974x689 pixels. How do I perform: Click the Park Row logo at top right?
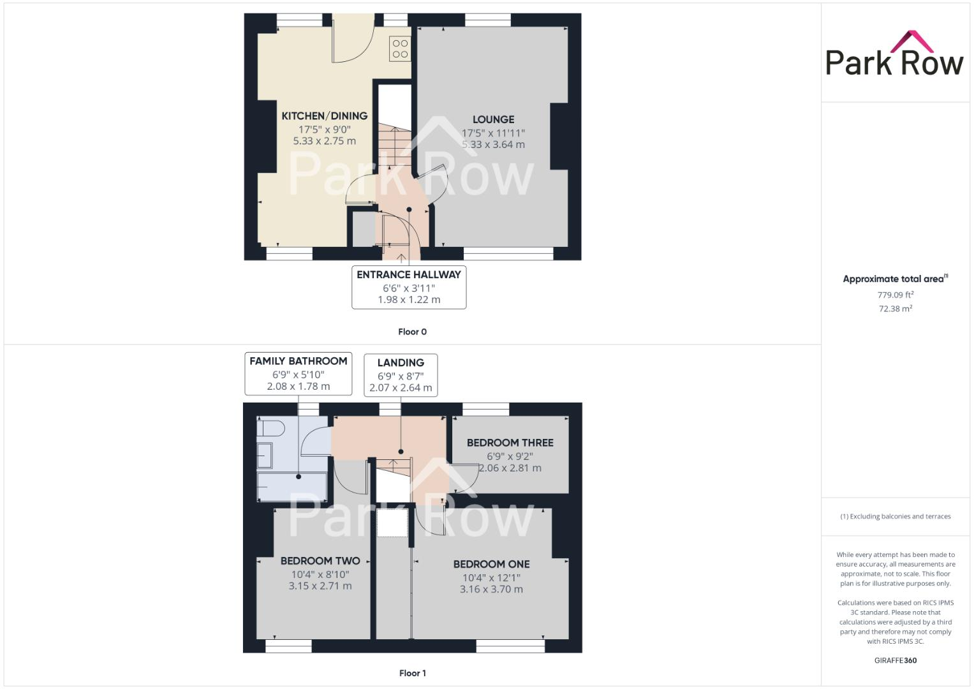pos(894,54)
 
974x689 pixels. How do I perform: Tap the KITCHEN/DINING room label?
pos(325,116)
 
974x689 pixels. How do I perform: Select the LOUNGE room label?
pos(493,119)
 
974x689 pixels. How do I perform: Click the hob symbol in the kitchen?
pos(400,48)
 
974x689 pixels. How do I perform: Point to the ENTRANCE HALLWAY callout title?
pos(409,274)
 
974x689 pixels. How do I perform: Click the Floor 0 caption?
pos(412,332)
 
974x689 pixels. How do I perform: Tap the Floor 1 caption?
pos(412,673)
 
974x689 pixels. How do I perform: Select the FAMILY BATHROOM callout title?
pos(299,361)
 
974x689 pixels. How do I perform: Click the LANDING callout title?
pos(401,362)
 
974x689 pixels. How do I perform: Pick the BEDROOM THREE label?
pos(510,443)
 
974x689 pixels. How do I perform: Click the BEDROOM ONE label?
pos(491,564)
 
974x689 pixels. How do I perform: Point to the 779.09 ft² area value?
pos(895,295)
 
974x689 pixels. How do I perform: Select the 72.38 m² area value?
pos(895,309)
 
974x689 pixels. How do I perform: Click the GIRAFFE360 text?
pos(895,660)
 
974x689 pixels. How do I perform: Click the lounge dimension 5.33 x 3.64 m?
pos(493,145)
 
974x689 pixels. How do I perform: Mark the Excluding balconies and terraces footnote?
pos(895,516)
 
